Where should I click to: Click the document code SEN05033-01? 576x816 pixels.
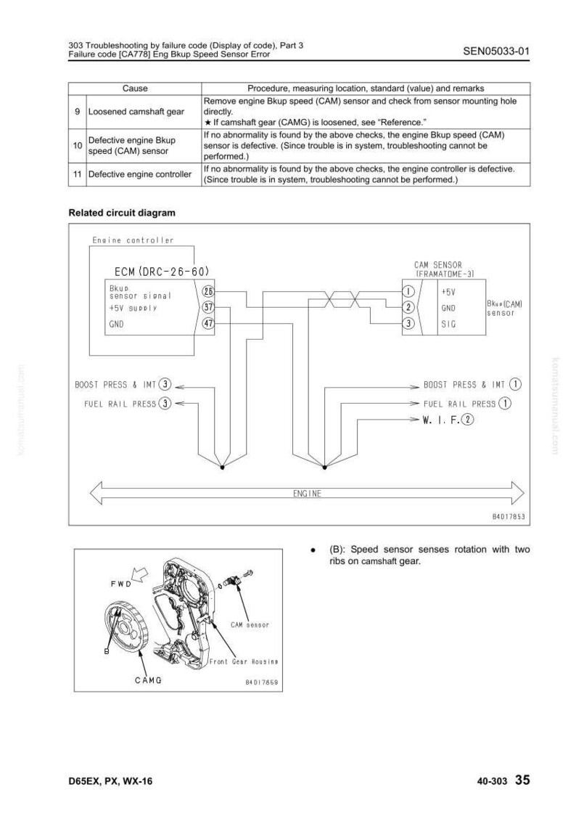[495, 51]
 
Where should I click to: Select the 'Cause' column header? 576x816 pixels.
[135, 89]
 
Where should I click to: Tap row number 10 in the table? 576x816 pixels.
[78, 146]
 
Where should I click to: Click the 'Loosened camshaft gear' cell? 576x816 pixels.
[136, 111]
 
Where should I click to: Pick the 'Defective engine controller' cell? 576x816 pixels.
[140, 174]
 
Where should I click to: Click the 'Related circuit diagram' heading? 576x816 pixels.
[122, 213]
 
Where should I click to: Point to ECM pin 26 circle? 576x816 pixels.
[208, 291]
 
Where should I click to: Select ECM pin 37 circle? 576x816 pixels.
[208, 307]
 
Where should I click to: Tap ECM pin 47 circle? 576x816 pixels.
[208, 323]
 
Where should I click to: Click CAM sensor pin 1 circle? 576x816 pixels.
[409, 291]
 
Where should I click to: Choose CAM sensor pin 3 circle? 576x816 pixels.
[409, 323]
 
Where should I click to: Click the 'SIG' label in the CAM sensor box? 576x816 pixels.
[448, 324]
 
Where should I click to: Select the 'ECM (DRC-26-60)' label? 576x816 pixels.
[162, 271]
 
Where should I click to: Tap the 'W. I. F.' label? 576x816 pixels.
[441, 420]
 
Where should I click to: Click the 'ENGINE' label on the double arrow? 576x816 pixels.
[308, 494]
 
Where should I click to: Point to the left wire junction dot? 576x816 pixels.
[223, 468]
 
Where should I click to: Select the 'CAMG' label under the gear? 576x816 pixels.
[148, 680]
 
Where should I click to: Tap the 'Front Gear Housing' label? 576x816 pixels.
[243, 661]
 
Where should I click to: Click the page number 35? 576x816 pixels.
[522, 780]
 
